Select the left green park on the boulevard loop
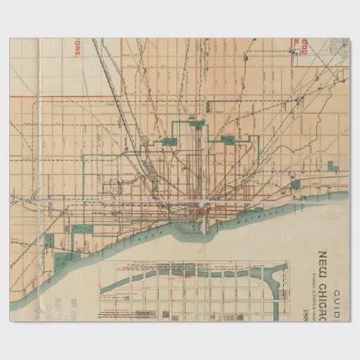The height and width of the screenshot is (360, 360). pos(169,142)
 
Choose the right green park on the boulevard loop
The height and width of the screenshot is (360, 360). pos(227,140)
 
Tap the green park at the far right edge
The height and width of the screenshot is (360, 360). pos(332,169)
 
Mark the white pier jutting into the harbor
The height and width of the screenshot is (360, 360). pos(204,224)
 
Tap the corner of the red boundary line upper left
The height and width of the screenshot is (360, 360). pos(123,96)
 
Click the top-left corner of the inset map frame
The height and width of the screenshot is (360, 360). pos(116,263)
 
